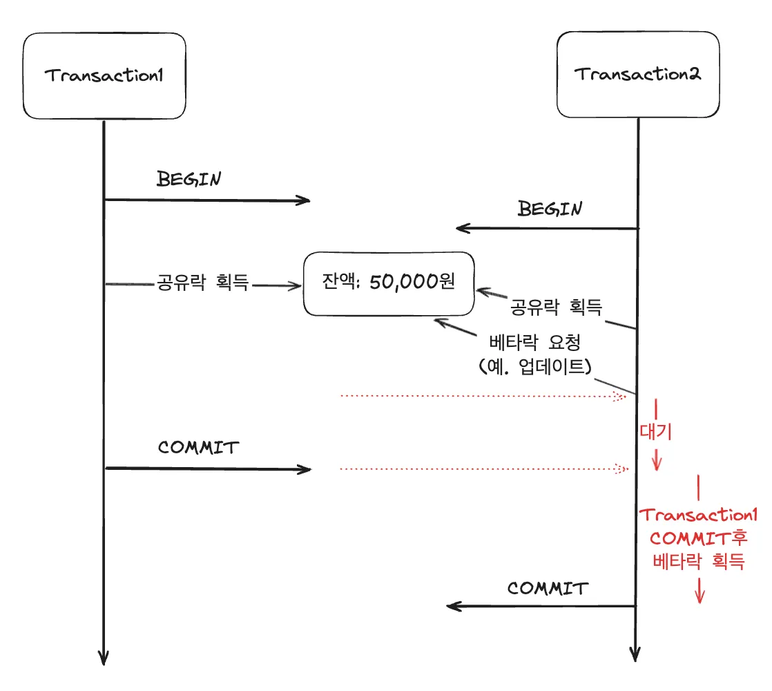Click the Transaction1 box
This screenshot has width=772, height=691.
104,76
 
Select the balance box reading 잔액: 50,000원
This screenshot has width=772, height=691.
389,283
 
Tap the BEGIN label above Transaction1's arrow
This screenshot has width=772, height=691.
189,179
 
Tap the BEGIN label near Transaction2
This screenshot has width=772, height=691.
550,209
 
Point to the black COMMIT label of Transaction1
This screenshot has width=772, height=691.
197,448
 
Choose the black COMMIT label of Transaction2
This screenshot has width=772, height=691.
548,588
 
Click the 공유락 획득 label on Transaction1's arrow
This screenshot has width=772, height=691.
202,283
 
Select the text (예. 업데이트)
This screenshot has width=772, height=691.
535,367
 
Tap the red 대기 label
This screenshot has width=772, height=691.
655,432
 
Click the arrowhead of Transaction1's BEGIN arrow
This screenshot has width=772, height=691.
305,200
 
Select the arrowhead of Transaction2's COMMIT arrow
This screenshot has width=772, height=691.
453,607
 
